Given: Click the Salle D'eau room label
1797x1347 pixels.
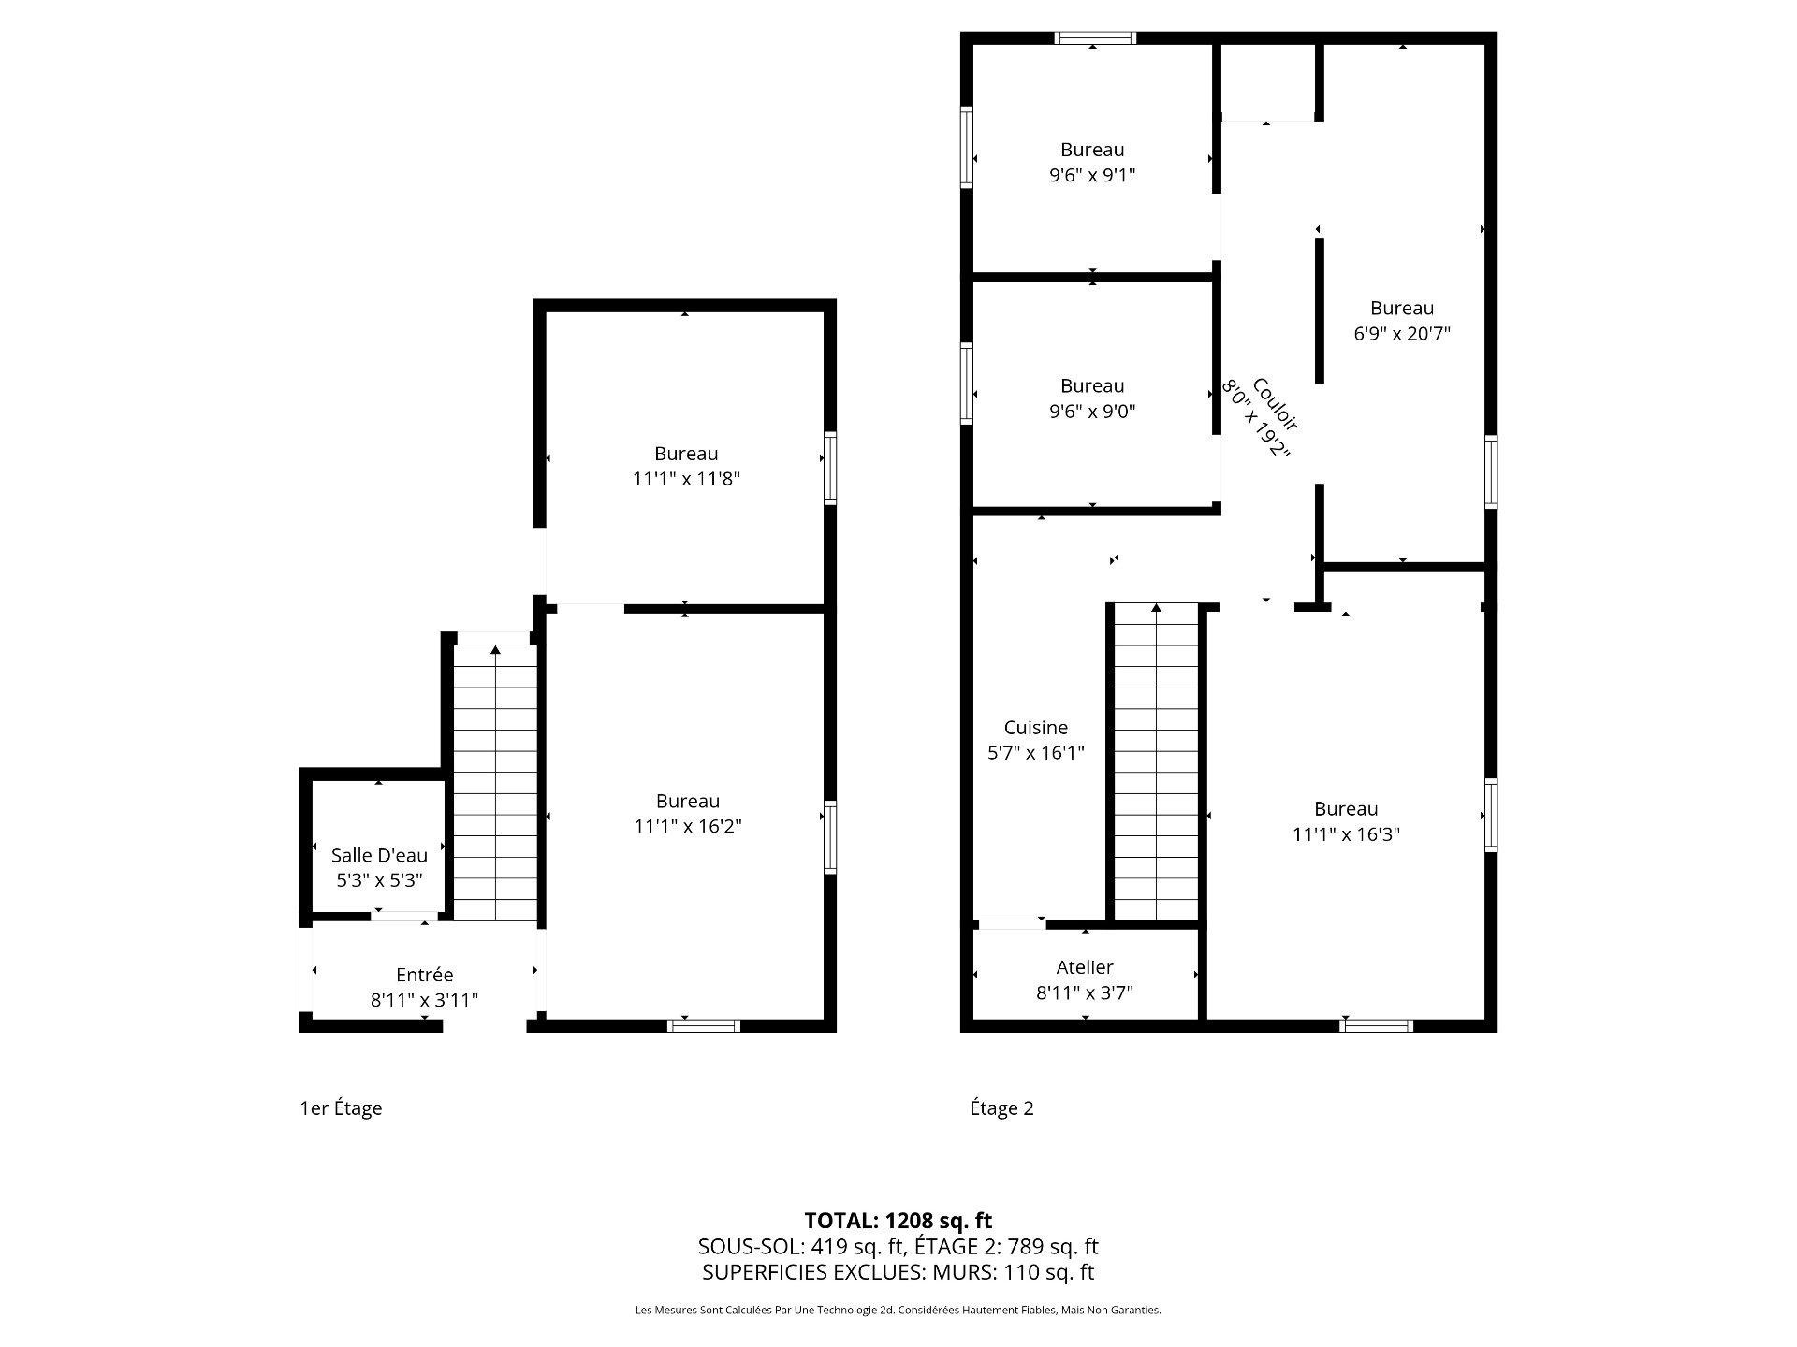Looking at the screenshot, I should [x=379, y=855].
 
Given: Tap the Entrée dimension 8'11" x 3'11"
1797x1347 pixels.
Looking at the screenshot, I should [x=424, y=1000].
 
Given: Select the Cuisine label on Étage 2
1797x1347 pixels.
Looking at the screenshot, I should [x=1035, y=728].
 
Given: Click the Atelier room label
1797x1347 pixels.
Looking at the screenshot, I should [x=1085, y=967].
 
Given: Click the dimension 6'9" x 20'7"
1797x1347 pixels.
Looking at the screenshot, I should [x=1401, y=334].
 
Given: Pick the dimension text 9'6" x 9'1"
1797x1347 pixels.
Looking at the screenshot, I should [x=1092, y=175].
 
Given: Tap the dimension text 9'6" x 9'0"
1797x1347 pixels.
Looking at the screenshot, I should [x=1092, y=412].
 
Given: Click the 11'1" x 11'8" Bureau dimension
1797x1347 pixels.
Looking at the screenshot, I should [x=686, y=479].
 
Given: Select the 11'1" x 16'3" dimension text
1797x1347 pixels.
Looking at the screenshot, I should [x=1345, y=834].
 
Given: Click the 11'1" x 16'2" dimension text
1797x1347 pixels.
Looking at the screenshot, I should [x=687, y=827].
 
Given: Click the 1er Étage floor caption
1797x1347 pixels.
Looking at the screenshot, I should [x=341, y=1108].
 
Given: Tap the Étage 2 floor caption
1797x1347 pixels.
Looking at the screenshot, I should [x=1001, y=1108].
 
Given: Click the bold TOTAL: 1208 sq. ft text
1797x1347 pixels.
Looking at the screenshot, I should [x=898, y=1221].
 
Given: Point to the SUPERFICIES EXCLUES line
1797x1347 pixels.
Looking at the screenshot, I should [x=898, y=1272].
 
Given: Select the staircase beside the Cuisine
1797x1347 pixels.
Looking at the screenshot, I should [x=1156, y=762].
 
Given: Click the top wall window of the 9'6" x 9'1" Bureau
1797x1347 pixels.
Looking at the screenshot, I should [x=1095, y=38].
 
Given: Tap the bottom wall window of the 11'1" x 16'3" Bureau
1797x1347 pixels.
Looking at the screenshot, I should [x=1376, y=1025].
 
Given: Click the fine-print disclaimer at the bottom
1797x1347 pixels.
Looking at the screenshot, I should [x=898, y=1311].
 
